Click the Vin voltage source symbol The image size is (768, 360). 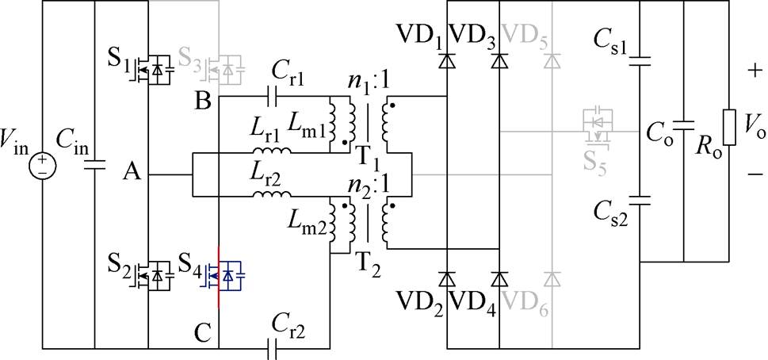tap(42, 165)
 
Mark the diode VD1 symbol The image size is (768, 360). tap(447, 60)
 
